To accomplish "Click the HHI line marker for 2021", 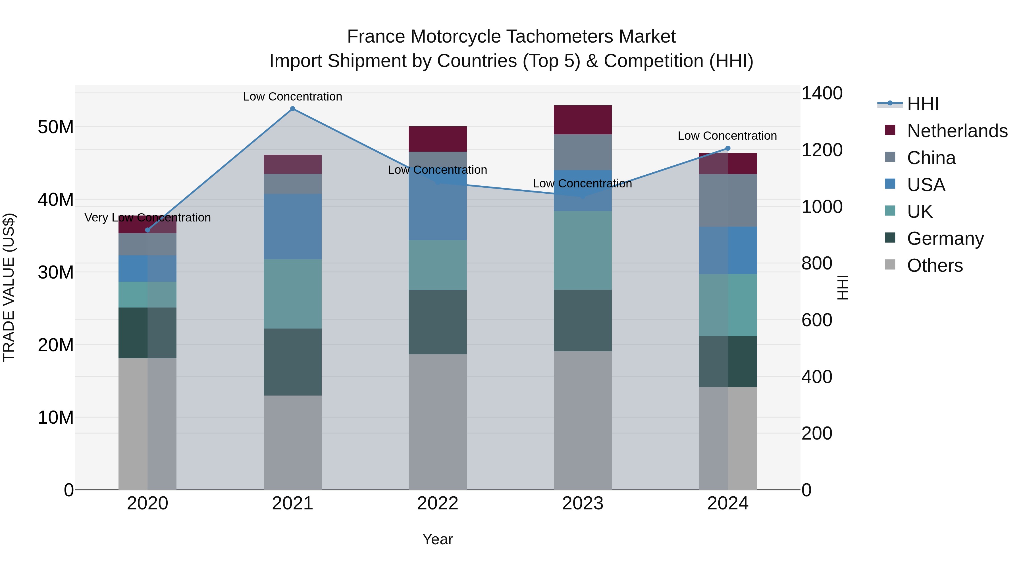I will point(293,109).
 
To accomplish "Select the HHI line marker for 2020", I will point(148,230).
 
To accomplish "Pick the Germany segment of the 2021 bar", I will point(293,362).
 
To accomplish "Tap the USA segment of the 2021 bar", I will point(293,226).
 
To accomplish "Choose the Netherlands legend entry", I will point(957,131).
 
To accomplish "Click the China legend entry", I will point(931,158).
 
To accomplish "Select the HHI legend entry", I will point(922,104).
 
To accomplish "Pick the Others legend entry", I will point(934,265).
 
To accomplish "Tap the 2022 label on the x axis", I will point(438,503).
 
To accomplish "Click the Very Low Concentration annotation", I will point(148,218).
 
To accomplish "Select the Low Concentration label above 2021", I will point(293,97).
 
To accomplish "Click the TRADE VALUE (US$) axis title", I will point(9,287).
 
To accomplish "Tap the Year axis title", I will point(438,539).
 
